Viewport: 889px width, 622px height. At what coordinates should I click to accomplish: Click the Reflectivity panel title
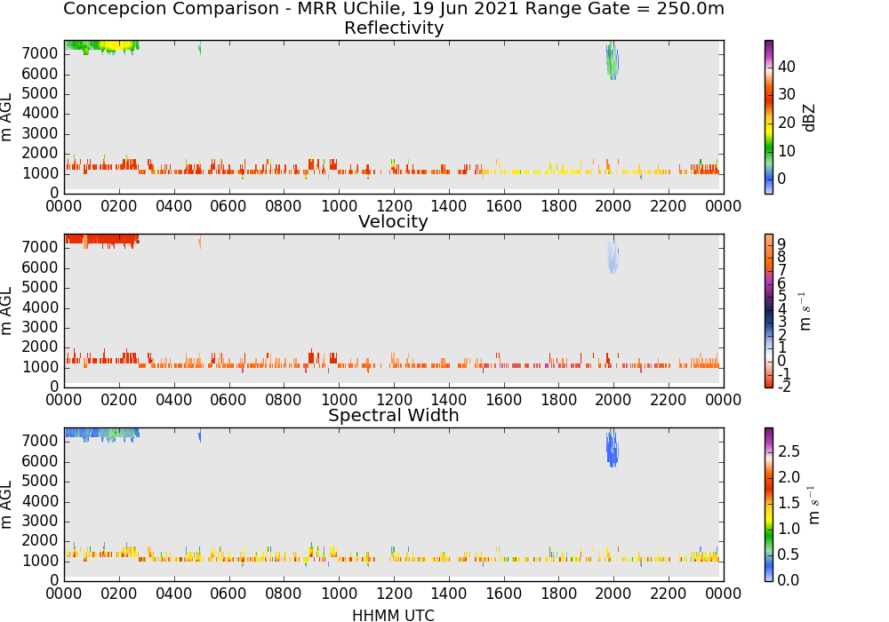tap(394, 28)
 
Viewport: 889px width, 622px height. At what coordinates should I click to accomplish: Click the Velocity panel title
tap(393, 221)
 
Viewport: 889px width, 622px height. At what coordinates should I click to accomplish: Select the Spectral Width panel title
tap(394, 415)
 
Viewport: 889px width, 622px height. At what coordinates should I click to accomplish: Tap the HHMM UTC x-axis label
tap(393, 615)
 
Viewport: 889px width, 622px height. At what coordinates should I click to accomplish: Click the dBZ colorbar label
tap(810, 118)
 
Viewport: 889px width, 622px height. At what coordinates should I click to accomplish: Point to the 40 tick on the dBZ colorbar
tap(787, 67)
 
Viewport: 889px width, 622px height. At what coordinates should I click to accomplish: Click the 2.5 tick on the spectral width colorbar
tap(789, 451)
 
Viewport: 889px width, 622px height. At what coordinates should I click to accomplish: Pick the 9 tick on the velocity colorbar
tap(781, 243)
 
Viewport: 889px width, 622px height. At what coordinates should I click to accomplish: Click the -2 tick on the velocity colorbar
tap(784, 387)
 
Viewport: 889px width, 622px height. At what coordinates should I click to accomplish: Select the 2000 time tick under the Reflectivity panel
tap(613, 206)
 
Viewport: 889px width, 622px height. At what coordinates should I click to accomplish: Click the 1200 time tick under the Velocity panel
tap(394, 400)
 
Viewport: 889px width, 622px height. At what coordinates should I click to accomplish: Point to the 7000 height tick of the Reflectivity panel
tap(40, 54)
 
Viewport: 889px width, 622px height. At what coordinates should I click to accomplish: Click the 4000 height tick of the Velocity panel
tap(40, 307)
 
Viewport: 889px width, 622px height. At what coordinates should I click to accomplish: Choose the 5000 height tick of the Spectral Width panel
tap(40, 482)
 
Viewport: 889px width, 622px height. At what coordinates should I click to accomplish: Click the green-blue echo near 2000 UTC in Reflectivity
tap(613, 61)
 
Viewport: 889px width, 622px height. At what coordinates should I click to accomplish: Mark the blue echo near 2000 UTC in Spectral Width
tap(613, 449)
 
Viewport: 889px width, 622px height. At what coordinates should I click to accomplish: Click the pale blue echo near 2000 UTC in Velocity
tap(613, 255)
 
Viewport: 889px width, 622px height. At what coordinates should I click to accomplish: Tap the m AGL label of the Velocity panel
tap(6, 311)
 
